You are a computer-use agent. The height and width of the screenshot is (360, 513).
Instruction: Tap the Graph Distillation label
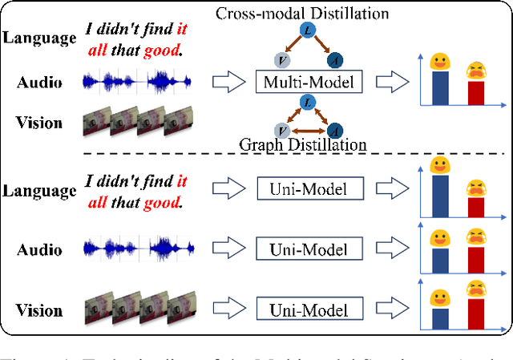click(x=304, y=144)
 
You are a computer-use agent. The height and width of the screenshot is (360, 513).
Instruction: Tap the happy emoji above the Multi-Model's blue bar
click(x=438, y=60)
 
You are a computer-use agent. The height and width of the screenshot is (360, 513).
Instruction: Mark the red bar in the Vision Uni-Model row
click(x=477, y=312)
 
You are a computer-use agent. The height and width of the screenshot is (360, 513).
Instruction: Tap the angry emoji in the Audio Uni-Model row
click(x=477, y=237)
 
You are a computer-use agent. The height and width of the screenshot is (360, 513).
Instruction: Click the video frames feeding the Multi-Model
click(x=138, y=121)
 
